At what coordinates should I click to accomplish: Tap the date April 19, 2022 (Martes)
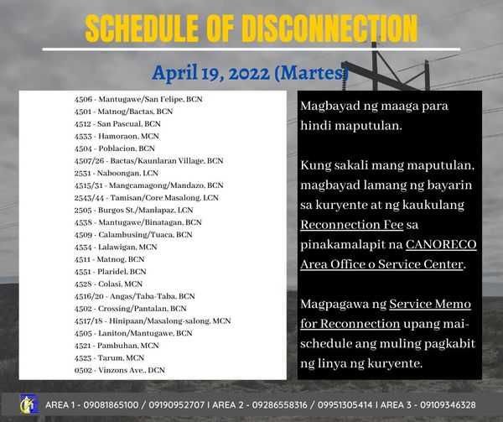pos(250,73)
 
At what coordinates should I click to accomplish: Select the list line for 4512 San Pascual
pos(117,124)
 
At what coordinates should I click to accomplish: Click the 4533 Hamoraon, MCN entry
pos(117,136)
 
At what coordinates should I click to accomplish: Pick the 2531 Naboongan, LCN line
pos(117,174)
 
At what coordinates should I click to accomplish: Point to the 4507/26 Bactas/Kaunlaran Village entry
pos(148,161)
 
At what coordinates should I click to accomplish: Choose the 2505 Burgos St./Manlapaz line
pos(133,211)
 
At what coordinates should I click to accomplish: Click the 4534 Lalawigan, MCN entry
pos(116,247)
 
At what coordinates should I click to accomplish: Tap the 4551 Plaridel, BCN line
pos(110,272)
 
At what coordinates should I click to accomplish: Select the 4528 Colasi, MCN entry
pos(108,284)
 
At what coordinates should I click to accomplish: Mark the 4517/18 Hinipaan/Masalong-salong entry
pos(153,321)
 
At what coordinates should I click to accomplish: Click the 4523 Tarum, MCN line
pos(109,357)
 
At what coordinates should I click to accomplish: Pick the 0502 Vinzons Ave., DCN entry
pos(119,370)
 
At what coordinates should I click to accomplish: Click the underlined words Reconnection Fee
pos(351,225)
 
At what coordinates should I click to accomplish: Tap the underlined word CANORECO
pos(441,244)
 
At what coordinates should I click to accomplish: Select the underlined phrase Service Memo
pos(430,304)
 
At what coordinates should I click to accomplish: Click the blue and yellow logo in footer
pos(29,404)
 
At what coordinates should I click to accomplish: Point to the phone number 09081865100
pos(111,405)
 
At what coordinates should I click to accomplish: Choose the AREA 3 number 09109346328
pos(448,405)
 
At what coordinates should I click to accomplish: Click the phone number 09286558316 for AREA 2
pos(279,405)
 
